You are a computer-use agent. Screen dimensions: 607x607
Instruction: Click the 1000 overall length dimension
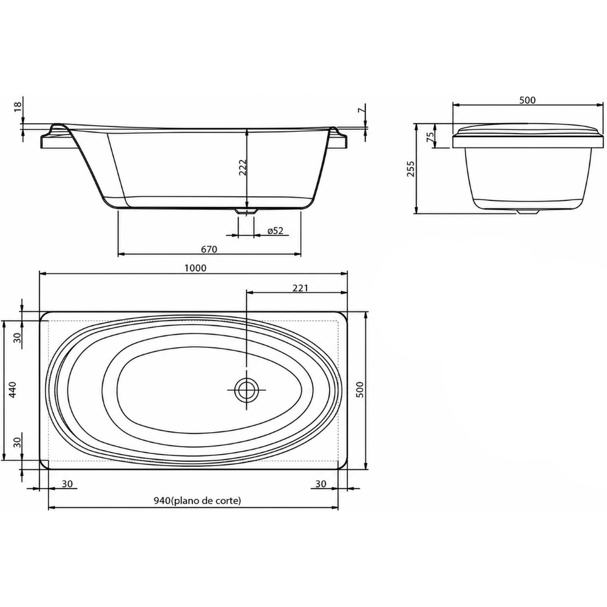195,268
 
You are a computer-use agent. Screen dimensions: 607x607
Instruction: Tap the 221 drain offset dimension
300,288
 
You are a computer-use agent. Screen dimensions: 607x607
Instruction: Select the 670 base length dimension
209,249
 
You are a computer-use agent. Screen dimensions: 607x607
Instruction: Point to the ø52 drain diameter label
276,231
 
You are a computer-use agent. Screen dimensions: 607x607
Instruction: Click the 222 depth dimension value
243,168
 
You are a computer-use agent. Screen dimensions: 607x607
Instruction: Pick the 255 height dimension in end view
410,169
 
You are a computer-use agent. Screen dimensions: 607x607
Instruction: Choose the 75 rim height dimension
430,137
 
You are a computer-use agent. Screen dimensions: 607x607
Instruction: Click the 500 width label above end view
527,100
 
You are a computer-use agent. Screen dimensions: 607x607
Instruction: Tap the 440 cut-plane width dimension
12,390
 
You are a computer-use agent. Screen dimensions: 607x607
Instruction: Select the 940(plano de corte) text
197,501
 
